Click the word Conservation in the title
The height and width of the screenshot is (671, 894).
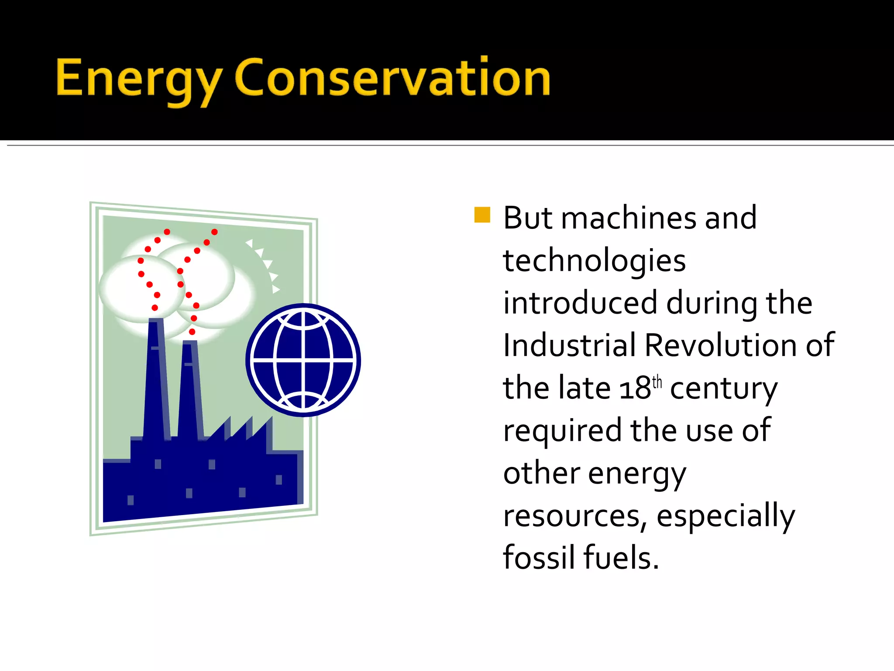(x=392, y=78)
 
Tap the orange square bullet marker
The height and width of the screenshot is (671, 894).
(x=482, y=214)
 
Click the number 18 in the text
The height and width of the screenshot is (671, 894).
(x=635, y=388)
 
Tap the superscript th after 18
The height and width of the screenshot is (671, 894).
(x=657, y=382)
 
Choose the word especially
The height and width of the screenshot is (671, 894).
(x=726, y=516)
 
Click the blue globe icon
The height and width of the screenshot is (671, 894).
(x=303, y=360)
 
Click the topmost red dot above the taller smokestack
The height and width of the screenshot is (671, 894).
(x=167, y=232)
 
